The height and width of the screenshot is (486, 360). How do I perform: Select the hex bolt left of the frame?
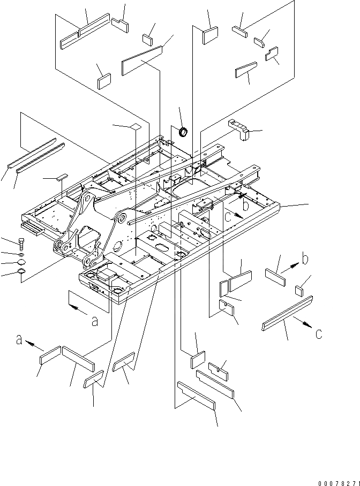click(x=21, y=244)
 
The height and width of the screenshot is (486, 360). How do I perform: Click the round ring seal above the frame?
click(x=183, y=131)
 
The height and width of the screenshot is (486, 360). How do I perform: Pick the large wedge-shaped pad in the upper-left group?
click(x=142, y=58)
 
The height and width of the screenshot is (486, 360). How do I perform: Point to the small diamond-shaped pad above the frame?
click(x=135, y=126)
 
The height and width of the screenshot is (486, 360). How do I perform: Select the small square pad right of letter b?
click(x=301, y=290)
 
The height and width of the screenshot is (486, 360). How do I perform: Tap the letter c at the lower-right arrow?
click(x=319, y=333)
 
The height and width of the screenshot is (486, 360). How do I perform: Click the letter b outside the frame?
click(x=304, y=260)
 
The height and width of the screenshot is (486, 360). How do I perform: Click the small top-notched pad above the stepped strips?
click(x=216, y=367)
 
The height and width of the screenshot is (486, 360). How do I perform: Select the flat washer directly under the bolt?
click(x=20, y=254)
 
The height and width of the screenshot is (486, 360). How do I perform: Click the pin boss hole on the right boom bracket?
click(x=122, y=218)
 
